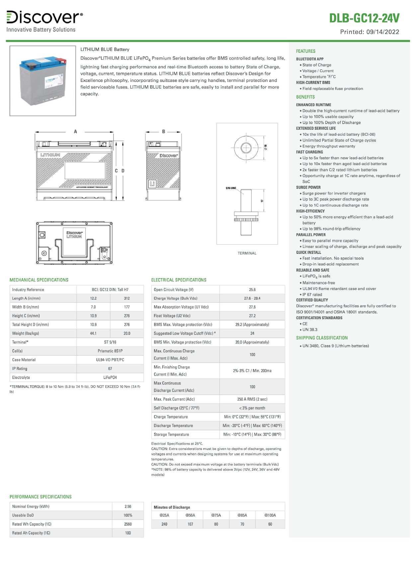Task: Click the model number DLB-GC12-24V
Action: coord(364,18)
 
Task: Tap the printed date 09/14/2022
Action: coord(383,32)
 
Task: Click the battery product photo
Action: coord(43,81)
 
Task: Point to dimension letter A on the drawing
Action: coord(75,132)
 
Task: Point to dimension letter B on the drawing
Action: coord(164,132)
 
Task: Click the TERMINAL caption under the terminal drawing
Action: coord(247,253)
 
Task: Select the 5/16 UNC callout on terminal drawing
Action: coord(231,188)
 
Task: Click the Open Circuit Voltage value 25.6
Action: coord(252,290)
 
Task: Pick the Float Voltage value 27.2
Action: coord(252,316)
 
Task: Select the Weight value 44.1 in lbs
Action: coord(93,333)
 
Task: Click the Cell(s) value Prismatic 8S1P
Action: coord(110,351)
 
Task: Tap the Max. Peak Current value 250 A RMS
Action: coord(252,399)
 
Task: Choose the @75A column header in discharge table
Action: coord(216,515)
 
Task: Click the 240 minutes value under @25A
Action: coord(164,524)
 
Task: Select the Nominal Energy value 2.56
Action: coord(128,507)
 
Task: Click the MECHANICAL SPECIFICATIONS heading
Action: coord(39,280)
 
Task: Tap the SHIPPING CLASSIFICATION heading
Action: coord(322,338)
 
